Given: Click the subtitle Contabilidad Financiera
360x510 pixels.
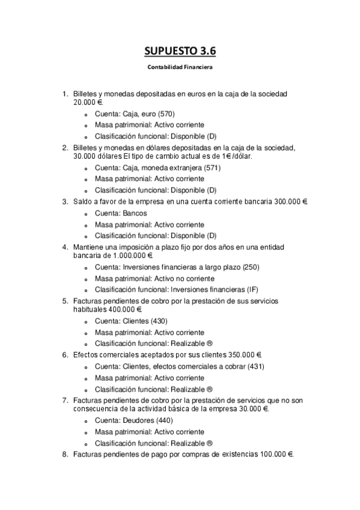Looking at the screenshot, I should coord(180,67).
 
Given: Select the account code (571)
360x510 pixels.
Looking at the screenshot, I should coord(210,168).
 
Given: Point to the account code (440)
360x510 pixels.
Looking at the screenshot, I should coord(160,420).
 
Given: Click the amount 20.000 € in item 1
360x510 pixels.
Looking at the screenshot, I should coord(88,102).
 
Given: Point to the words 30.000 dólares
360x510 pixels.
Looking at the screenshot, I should coord(97,156).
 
